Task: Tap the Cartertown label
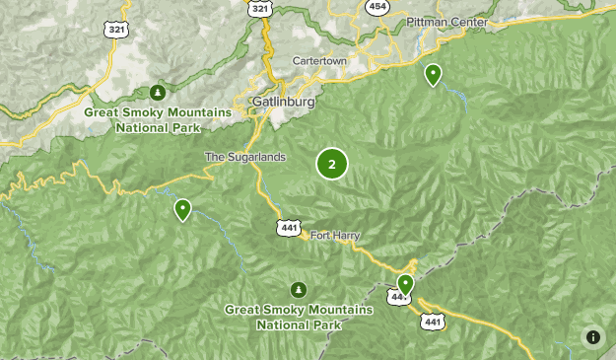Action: pos(320,60)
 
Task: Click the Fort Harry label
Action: pos(335,235)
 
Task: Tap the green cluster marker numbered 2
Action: pos(332,165)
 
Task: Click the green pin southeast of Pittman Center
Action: pos(433,74)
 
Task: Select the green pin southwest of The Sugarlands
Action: pos(182,209)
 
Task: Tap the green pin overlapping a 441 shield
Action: pos(404,285)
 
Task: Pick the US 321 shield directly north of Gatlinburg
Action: pos(259,7)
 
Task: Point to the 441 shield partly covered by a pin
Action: pos(397,296)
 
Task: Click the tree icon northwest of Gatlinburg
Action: pos(158,94)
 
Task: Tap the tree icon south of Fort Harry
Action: pos(298,290)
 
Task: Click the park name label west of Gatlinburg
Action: pos(158,119)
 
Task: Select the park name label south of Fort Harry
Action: pos(299,317)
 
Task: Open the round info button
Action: pos(592,337)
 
